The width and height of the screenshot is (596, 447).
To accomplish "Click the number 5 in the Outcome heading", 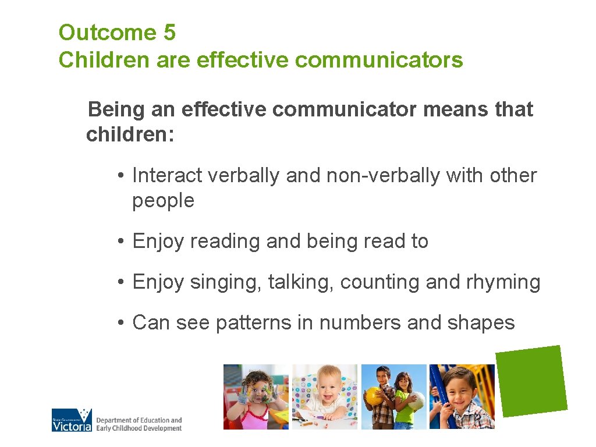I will click(169, 33).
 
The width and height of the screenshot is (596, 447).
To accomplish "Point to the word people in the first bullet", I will click(163, 201).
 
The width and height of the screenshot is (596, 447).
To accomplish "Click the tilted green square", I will click(531, 381).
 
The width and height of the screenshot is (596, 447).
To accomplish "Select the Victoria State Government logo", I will click(72, 420).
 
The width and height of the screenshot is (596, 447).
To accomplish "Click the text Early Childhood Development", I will click(139, 428).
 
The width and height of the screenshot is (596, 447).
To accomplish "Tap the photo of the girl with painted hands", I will click(256, 397).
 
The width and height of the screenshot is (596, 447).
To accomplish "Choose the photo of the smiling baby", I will click(325, 397).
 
